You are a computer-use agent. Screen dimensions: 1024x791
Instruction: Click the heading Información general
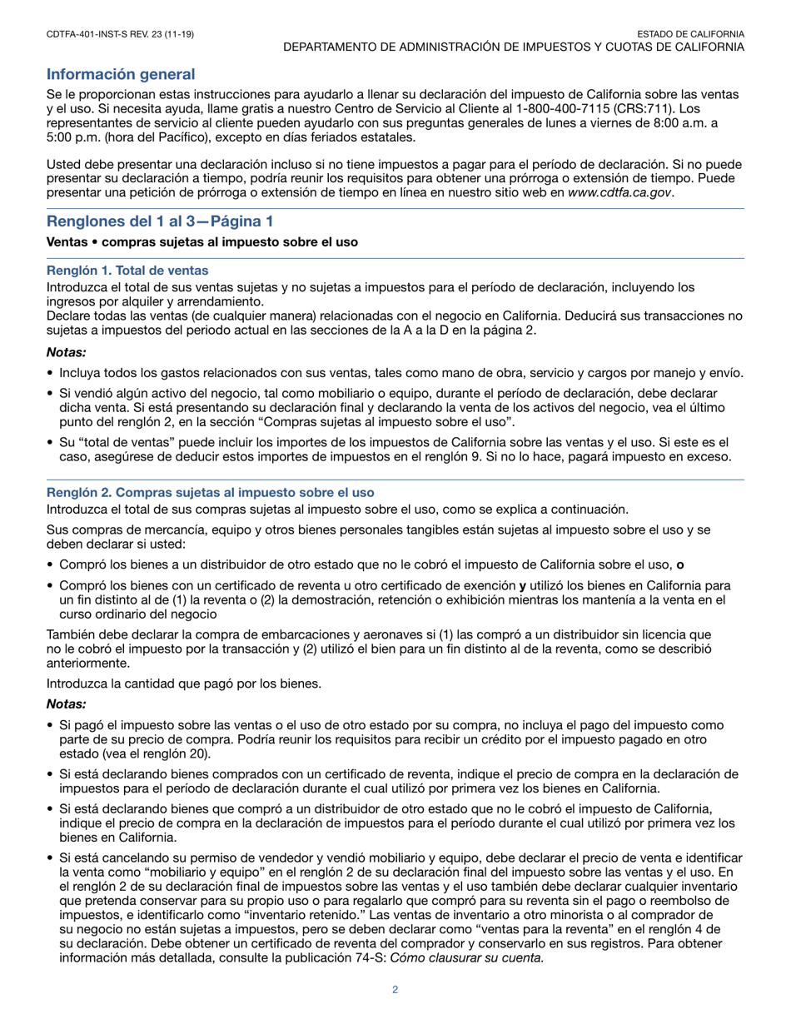(x=121, y=75)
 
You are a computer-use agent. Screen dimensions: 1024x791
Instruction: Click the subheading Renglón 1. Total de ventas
(x=127, y=271)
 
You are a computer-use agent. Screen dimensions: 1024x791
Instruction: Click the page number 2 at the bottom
(x=395, y=989)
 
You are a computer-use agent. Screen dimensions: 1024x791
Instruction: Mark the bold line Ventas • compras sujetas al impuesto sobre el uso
(x=202, y=242)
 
